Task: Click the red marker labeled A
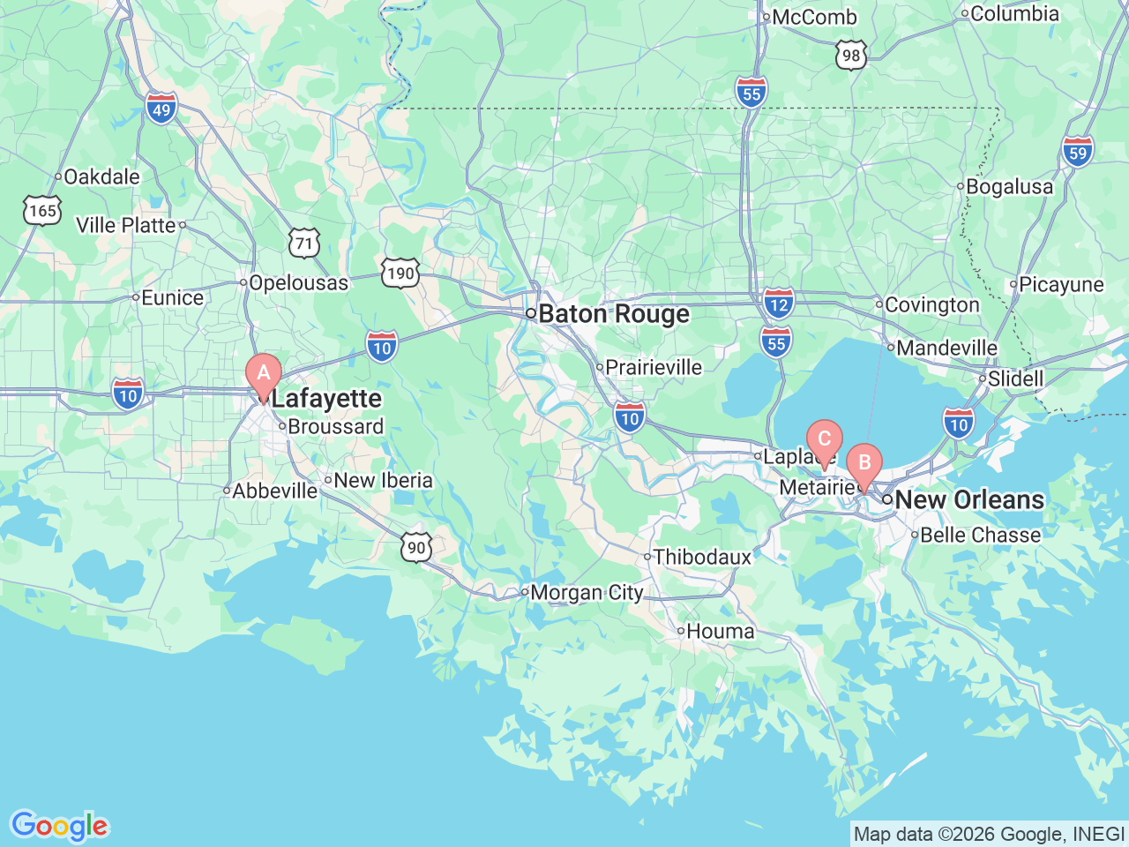[x=263, y=374]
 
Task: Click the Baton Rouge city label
[x=613, y=314]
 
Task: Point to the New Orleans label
[x=968, y=499]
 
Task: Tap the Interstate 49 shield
[x=161, y=109]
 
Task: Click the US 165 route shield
[x=42, y=211]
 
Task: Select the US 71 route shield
[x=304, y=244]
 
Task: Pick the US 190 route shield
[x=400, y=273]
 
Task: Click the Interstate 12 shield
[x=778, y=304]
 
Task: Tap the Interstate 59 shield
[x=1078, y=152]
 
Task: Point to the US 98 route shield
[x=850, y=56]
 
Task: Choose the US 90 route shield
[x=416, y=548]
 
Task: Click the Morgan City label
[x=587, y=593]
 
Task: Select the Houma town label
[x=720, y=632]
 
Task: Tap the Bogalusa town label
[x=1009, y=187]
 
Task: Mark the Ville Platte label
[x=126, y=226]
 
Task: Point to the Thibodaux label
[x=702, y=558]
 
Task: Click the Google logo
[x=59, y=827]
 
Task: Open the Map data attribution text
[x=989, y=834]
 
